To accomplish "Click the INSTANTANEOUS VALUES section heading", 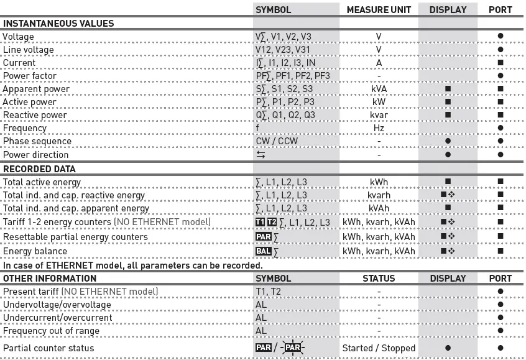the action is click(x=59, y=24).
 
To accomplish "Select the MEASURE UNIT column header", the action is click(x=379, y=10).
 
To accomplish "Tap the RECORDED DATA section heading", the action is click(x=40, y=168).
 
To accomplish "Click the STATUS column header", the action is click(x=379, y=279).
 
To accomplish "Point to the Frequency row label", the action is click(x=25, y=128).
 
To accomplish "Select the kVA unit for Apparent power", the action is click(x=379, y=89).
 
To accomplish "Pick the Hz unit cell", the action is click(x=379, y=128).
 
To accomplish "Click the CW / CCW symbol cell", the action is click(x=277, y=141).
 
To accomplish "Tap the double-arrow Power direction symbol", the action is click(x=260, y=155).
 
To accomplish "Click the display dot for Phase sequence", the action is click(x=448, y=141).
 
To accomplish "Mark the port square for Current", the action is click(x=501, y=63).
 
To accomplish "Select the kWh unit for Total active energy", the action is click(x=379, y=182).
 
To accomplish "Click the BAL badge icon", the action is click(x=264, y=251).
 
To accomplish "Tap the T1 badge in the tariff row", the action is click(x=260, y=222).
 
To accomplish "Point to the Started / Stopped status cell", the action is click(x=379, y=348).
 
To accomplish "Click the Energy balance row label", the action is click(x=36, y=251).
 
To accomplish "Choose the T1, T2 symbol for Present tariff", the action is click(x=269, y=291).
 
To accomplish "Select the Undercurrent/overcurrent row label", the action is click(x=58, y=318).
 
